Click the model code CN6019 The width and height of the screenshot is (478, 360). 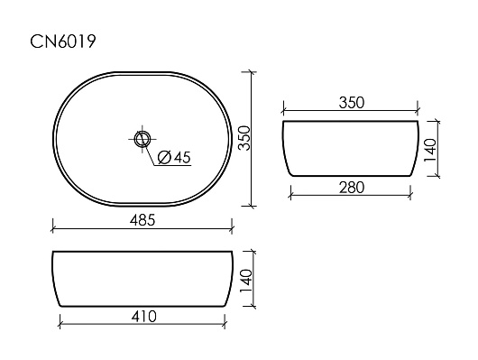point(63,42)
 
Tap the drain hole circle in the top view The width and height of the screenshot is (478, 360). point(142,139)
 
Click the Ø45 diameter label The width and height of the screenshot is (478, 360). point(174,157)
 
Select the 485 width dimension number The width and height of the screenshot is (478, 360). point(142,220)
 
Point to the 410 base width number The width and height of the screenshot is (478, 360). point(144,317)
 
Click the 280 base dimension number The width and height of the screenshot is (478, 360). point(352,188)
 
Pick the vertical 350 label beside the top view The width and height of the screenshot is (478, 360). point(244,138)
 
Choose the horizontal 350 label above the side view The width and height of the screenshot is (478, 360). point(352,103)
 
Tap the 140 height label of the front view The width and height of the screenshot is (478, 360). point(246,281)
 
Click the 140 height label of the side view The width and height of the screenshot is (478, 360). point(430,150)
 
